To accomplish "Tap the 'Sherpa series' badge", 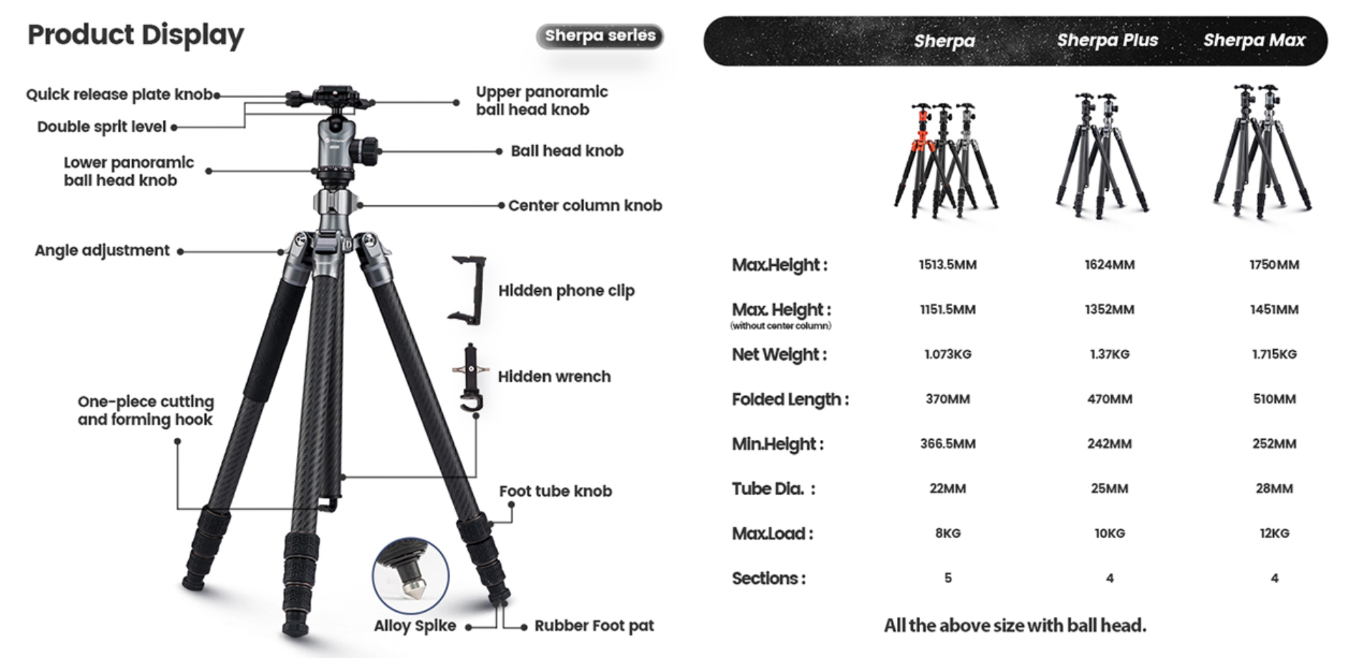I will [x=600, y=35].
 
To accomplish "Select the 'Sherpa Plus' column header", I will [x=1107, y=40].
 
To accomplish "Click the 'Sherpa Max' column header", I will [x=1254, y=40].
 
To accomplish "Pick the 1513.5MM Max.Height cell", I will [x=947, y=265].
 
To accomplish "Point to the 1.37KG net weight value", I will [x=1109, y=354].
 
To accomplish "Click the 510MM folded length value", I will [x=1274, y=399].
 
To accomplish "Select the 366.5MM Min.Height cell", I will [x=947, y=444].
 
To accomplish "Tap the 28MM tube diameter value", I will [x=1274, y=488].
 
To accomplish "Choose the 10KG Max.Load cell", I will [x=1109, y=533].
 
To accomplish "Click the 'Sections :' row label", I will [x=768, y=578].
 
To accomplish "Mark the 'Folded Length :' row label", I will [x=790, y=399].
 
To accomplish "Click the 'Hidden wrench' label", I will [x=554, y=376].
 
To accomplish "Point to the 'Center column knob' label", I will [x=585, y=205].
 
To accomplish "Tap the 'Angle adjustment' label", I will [x=102, y=250].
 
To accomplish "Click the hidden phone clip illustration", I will [x=468, y=289].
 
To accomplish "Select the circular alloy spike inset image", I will [x=410, y=576].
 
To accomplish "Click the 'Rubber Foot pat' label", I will [x=594, y=625].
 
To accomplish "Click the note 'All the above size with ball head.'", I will [x=1015, y=625].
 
